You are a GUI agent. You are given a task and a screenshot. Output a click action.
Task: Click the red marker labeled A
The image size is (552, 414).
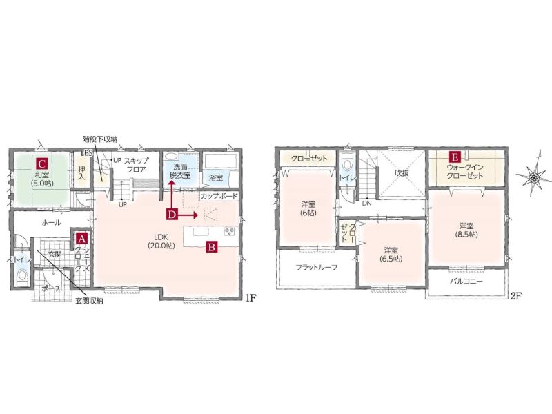click(81, 239)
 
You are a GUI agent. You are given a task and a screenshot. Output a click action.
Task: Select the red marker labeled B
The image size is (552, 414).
click(212, 247)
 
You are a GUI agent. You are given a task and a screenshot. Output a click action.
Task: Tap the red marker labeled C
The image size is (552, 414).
click(41, 164)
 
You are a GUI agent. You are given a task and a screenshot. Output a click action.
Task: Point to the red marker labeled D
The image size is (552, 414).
click(171, 215)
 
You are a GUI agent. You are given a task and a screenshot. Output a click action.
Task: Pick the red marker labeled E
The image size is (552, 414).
click(455, 157)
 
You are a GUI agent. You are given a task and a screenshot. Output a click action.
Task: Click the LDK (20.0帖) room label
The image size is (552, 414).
click(161, 241)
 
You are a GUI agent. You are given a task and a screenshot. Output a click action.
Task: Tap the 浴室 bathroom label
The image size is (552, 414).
click(216, 177)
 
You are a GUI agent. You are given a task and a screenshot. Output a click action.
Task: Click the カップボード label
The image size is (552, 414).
click(219, 197)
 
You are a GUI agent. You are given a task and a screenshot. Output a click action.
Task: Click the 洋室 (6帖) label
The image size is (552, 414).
click(308, 208)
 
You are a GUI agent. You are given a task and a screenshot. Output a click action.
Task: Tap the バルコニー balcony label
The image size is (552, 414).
click(466, 282)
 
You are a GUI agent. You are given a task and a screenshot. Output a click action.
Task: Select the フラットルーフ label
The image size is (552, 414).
click(317, 268)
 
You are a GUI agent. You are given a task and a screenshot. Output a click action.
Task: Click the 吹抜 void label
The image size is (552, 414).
click(402, 173)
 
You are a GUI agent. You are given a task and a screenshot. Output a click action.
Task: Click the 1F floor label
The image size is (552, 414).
click(250, 299)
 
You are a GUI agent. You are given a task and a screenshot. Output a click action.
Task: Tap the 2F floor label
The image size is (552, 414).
click(515, 296)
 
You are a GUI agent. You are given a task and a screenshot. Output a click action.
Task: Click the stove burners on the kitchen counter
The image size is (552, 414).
click(229, 231)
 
